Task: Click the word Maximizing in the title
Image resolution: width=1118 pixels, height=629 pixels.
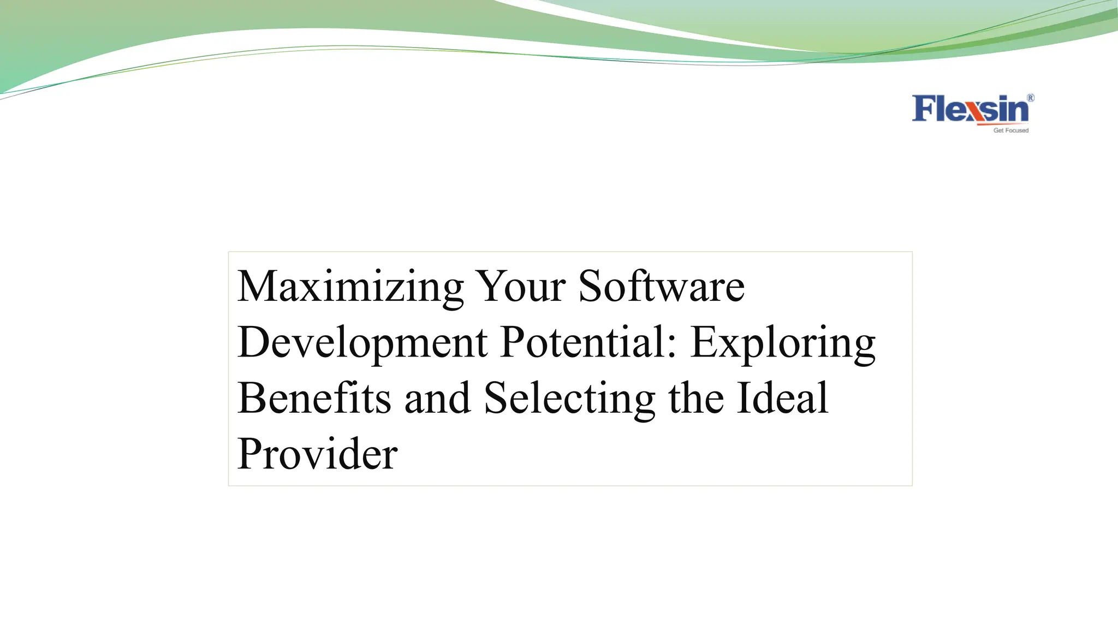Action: [x=350, y=287]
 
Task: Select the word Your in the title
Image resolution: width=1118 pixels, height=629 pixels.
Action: [x=520, y=287]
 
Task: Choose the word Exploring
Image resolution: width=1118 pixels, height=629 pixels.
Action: [x=783, y=344]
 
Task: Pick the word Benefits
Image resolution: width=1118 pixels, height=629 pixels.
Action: [x=314, y=398]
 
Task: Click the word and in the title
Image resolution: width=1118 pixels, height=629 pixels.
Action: [x=437, y=398]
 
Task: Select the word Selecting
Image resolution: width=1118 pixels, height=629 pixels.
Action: [x=569, y=399]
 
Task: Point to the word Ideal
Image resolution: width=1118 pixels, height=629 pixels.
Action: [x=782, y=398]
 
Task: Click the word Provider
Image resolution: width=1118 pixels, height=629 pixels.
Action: [x=317, y=454]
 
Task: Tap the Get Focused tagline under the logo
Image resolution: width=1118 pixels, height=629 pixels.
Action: [x=1010, y=130]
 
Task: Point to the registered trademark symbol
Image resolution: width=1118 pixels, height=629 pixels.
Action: [x=1031, y=98]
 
